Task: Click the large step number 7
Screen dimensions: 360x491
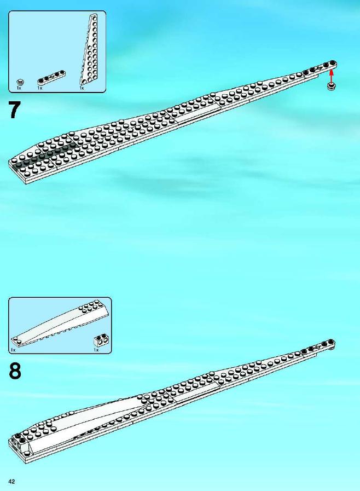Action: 15,110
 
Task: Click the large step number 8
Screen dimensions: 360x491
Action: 15,371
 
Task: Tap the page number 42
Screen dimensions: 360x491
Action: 12,481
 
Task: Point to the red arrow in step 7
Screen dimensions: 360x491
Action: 332,77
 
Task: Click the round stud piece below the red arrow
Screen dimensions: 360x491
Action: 332,86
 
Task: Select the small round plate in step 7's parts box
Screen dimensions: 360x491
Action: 21,82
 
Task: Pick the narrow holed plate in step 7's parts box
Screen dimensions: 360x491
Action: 51,78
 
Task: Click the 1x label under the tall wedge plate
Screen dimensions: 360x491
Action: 82,88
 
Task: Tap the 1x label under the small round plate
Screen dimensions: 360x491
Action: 19,88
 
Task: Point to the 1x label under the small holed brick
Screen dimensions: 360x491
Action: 96,350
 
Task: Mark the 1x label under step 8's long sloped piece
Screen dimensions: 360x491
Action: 13,350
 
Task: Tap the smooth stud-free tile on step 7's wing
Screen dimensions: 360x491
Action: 197,114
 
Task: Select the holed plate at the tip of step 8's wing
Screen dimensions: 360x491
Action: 318,347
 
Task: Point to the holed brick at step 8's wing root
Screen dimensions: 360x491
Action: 20,442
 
